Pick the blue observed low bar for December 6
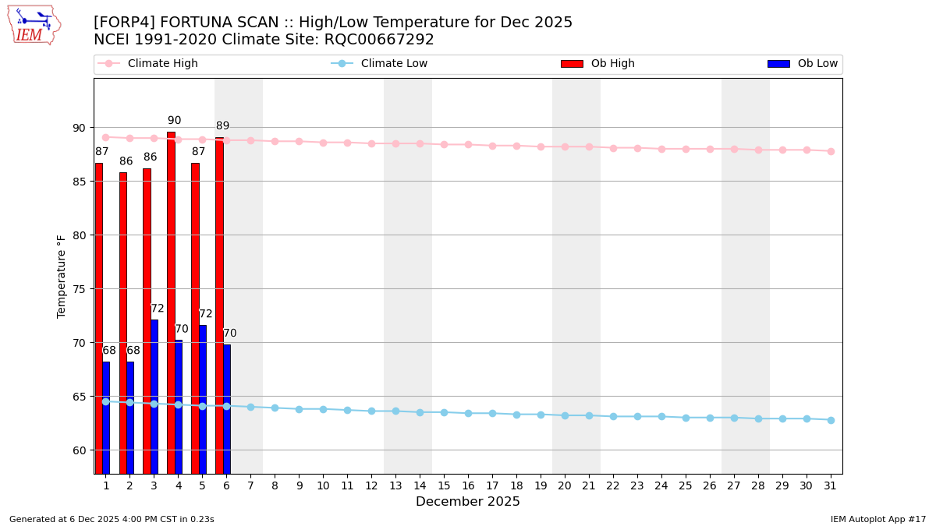coord(227,408)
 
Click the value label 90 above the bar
coord(174,121)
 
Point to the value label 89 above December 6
coord(223,126)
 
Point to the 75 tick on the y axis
coord(79,289)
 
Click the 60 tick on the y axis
coord(79,450)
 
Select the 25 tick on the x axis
coord(686,485)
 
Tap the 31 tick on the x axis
coord(831,485)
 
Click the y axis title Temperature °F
coord(62,276)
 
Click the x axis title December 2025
coord(467,502)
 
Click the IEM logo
coord(34,25)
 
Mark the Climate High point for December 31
coord(831,151)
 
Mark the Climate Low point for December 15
coord(444,412)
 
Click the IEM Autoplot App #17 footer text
coord(877,519)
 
